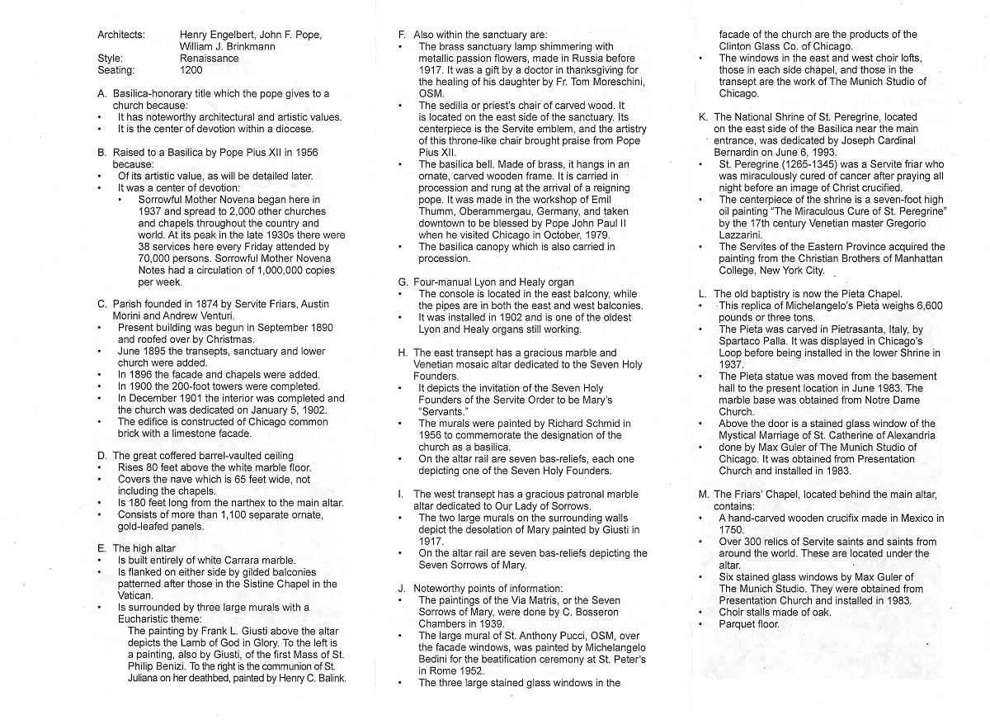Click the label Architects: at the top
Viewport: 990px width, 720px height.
(120, 35)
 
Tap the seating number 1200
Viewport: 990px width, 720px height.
(191, 70)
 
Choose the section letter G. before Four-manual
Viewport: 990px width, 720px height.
(402, 282)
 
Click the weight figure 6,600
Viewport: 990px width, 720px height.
(926, 306)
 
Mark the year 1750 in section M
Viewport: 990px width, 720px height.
(732, 530)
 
